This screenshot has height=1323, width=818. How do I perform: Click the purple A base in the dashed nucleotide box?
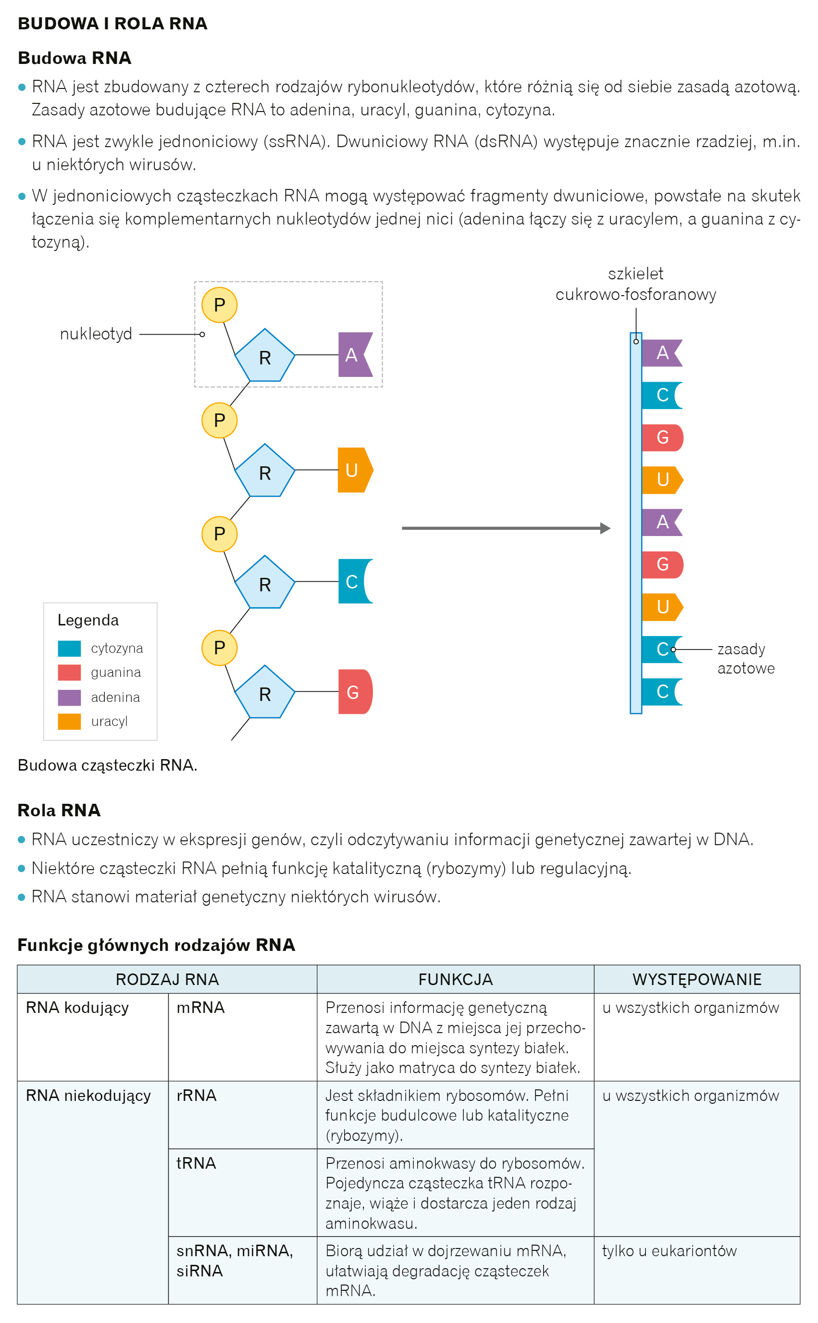353,355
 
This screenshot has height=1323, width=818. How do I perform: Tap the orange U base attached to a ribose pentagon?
353,470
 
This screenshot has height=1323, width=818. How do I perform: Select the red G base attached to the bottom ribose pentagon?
354,692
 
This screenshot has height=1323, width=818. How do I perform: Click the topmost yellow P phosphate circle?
219,305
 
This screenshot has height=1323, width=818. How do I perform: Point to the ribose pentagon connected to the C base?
264,583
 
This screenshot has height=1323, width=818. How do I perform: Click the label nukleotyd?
96,334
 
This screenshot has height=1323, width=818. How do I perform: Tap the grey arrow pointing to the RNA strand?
505,528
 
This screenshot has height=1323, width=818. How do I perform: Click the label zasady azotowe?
745,659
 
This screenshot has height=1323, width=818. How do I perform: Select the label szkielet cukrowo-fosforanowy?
636,284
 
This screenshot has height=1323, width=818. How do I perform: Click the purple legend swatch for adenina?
69,697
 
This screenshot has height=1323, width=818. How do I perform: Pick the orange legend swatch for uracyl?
69,721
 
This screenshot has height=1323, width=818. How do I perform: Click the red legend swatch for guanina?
69,672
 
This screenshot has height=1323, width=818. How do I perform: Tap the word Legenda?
88,620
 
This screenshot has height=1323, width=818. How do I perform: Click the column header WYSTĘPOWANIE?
697,979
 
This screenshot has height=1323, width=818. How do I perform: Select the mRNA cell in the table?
201,1008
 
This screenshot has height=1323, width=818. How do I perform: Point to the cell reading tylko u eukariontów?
669,1250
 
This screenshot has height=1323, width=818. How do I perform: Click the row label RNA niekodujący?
88,1095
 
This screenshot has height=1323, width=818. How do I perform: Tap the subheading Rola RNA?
59,810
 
